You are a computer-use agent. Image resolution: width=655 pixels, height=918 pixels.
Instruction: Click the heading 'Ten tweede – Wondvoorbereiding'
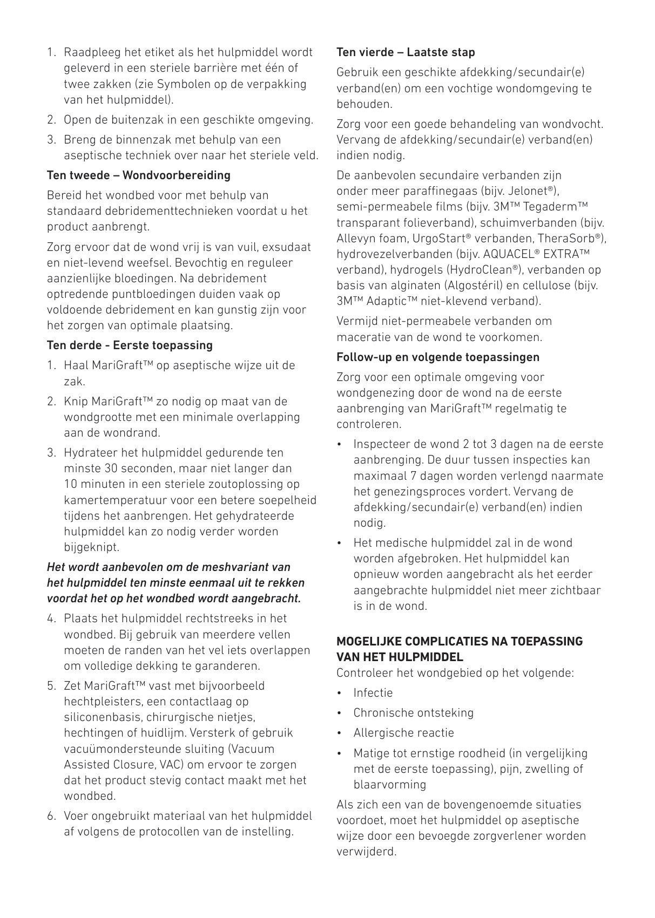pos(139,175)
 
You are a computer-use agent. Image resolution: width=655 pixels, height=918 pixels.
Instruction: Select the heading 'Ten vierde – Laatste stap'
pos(406,52)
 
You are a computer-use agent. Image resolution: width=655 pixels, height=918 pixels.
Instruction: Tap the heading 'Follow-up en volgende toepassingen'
pos(438,357)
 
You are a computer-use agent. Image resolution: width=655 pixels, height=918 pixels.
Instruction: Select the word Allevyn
pos(355,239)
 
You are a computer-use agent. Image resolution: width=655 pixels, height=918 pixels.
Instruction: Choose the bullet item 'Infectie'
pos(373,693)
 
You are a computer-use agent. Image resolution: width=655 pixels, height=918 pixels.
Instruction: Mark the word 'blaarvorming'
pos(390,785)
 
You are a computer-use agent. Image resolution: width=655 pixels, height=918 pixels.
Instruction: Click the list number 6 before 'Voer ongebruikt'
pos(51,816)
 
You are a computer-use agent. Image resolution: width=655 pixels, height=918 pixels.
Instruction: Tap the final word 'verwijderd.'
pos(366,852)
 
